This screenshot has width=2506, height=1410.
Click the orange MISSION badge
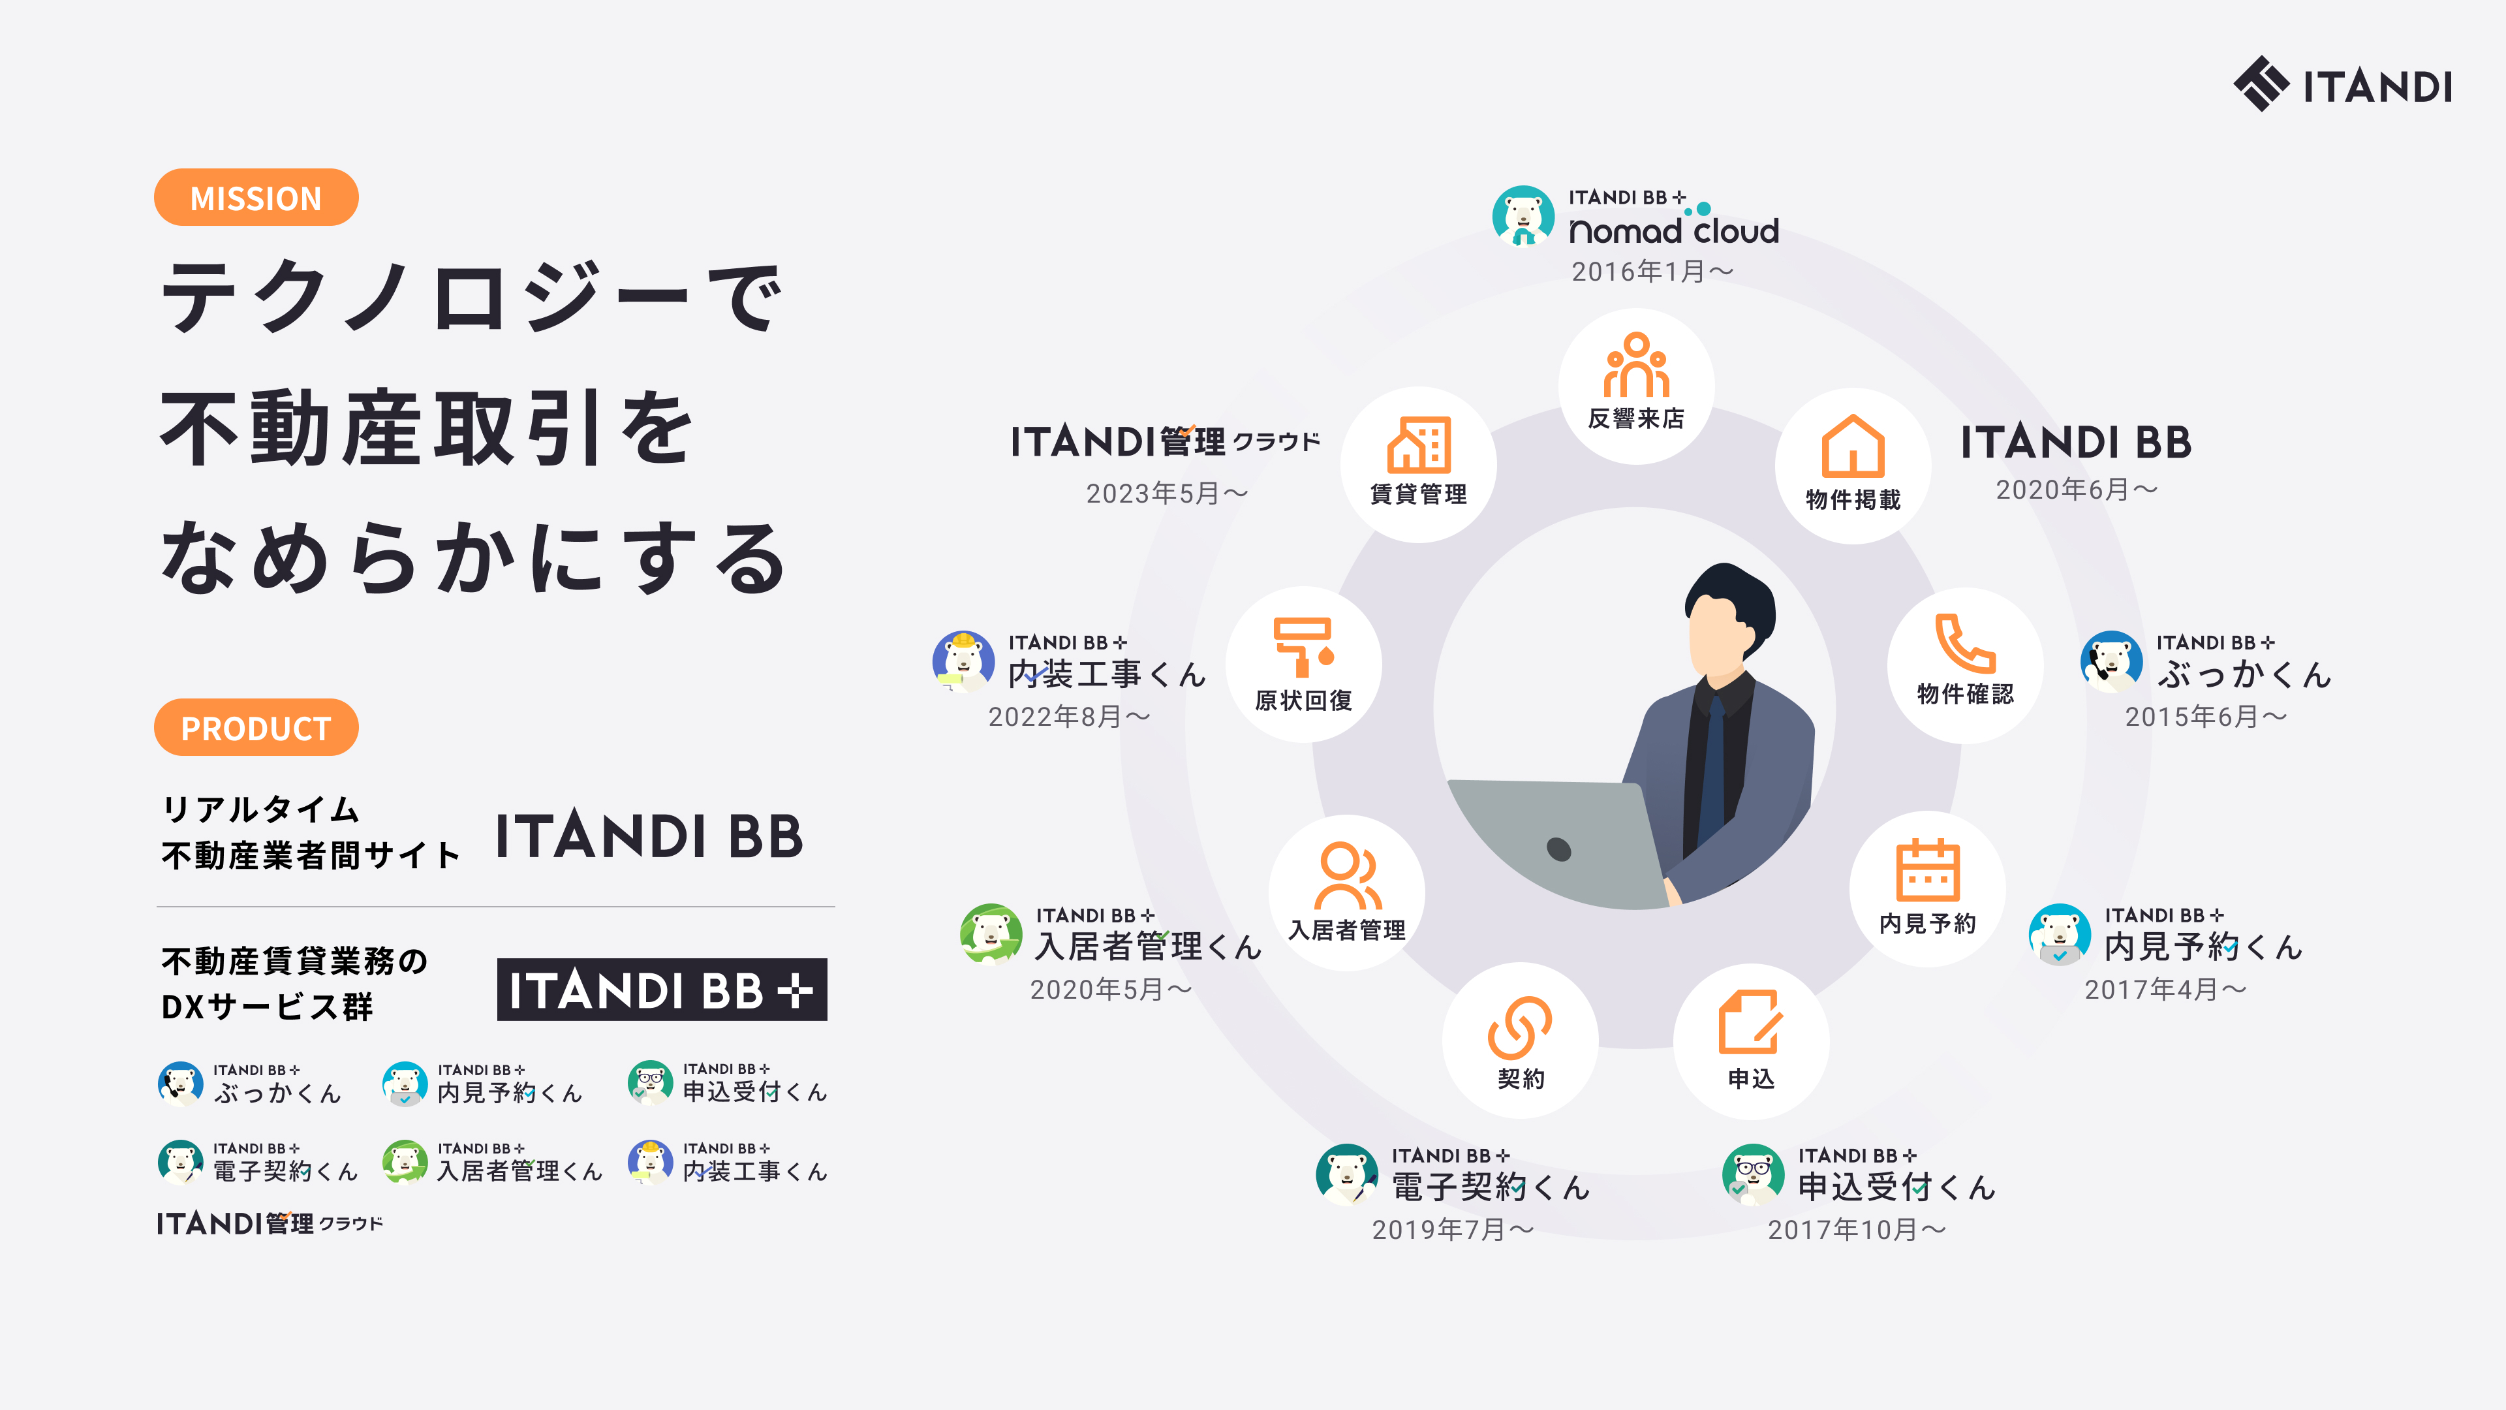pyautogui.click(x=256, y=198)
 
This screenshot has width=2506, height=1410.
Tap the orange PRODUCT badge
pyautogui.click(x=256, y=727)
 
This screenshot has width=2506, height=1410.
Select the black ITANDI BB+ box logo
pyautogui.click(x=662, y=990)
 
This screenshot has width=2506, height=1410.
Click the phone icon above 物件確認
pyautogui.click(x=1964, y=642)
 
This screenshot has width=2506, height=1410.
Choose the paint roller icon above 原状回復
pyautogui.click(x=1304, y=647)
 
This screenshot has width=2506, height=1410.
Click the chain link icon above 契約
pyautogui.click(x=1519, y=1027)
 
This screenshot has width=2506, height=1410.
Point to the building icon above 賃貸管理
pyautogui.click(x=1418, y=444)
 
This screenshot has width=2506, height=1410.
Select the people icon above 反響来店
pyautogui.click(x=1636, y=365)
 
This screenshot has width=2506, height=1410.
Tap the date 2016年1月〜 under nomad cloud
pyautogui.click(x=1652, y=272)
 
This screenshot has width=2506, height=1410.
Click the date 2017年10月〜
pyautogui.click(x=1856, y=1230)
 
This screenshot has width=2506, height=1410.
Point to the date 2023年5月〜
pyautogui.click(x=1166, y=493)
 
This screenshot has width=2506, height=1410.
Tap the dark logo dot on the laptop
pyautogui.click(x=1558, y=849)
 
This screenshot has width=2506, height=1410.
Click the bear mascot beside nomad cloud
pyautogui.click(x=1523, y=216)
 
